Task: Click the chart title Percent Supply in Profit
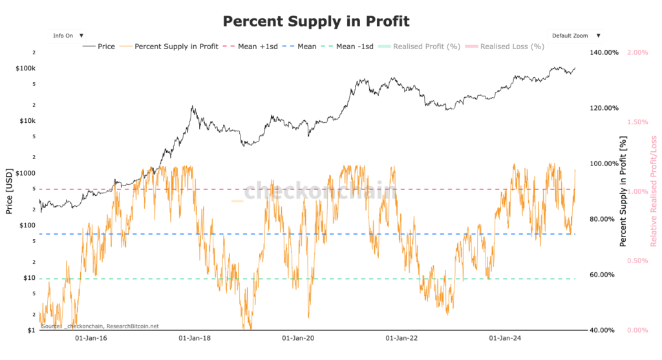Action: tap(316, 21)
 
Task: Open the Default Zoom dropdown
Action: tap(574, 36)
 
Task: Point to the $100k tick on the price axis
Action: tap(26, 69)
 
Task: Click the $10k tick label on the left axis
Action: tap(27, 121)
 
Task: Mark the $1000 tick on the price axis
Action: tap(26, 173)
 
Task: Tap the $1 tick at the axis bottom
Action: tap(30, 330)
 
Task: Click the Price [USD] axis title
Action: tap(9, 191)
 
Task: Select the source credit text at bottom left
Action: tap(100, 326)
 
